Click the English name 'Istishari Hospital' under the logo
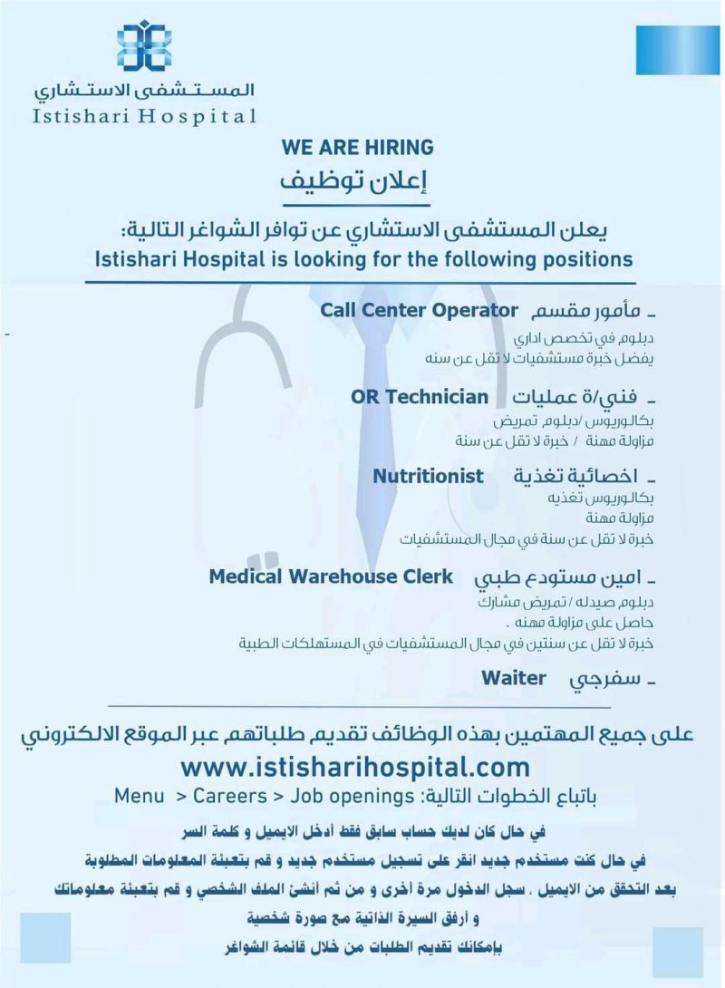point(143,115)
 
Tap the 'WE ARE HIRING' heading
point(358,147)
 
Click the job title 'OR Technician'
point(419,397)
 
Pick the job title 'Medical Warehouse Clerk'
point(330,576)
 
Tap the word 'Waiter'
point(514,677)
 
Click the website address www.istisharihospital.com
point(355,767)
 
